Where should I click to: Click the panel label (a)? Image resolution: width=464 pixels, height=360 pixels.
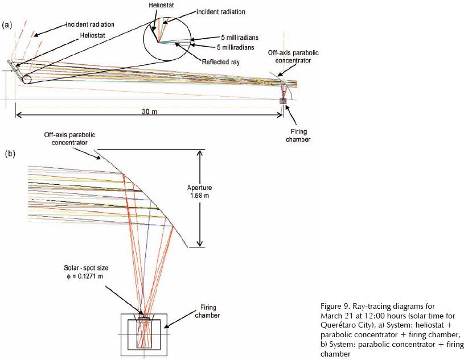pyautogui.click(x=7, y=24)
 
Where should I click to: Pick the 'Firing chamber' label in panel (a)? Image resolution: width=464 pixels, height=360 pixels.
pyautogui.click(x=299, y=135)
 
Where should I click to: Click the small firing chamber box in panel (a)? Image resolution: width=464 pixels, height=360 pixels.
pyautogui.click(x=282, y=101)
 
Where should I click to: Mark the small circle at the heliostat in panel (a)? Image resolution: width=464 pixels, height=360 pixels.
pyautogui.click(x=27, y=79)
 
